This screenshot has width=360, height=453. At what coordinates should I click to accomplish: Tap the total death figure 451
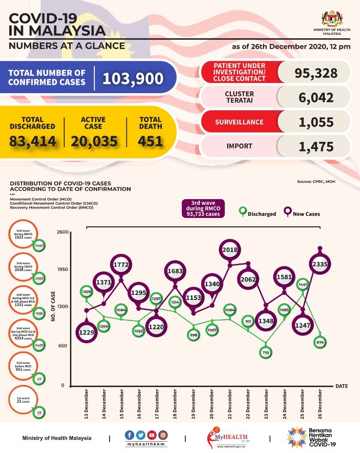pos(150,141)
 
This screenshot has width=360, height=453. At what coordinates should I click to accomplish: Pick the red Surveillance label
pos(239,122)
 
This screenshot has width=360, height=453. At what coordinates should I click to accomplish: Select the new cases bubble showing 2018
pos(230,250)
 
